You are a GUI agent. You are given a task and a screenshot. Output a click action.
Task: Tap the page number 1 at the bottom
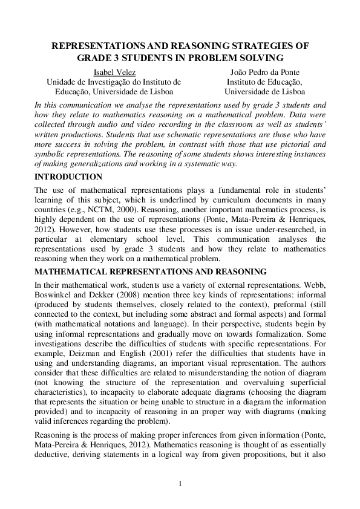pos(180,483)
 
